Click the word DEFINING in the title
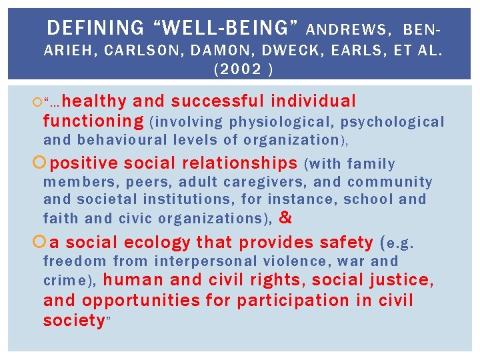(95, 28)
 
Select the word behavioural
(123, 140)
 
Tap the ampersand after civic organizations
(285, 217)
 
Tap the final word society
(73, 321)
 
